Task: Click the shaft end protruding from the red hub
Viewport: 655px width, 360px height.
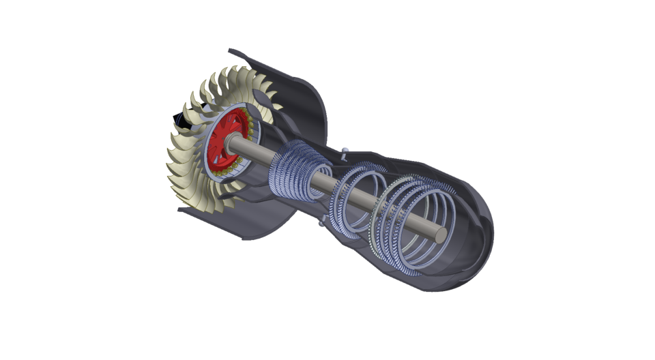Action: (236, 140)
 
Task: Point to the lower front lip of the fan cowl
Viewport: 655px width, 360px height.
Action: (184, 210)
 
